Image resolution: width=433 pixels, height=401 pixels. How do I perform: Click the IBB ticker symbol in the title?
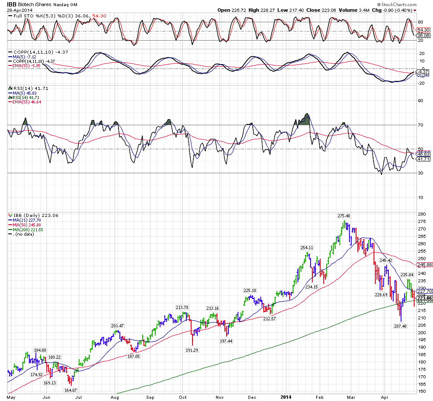point(12,4)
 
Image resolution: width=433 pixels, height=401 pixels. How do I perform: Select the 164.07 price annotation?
point(71,390)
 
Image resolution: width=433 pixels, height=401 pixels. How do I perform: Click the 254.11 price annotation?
point(307,247)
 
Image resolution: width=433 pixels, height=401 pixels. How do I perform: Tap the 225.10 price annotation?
point(250,290)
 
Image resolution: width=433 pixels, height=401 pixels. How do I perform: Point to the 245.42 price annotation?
point(386,260)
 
